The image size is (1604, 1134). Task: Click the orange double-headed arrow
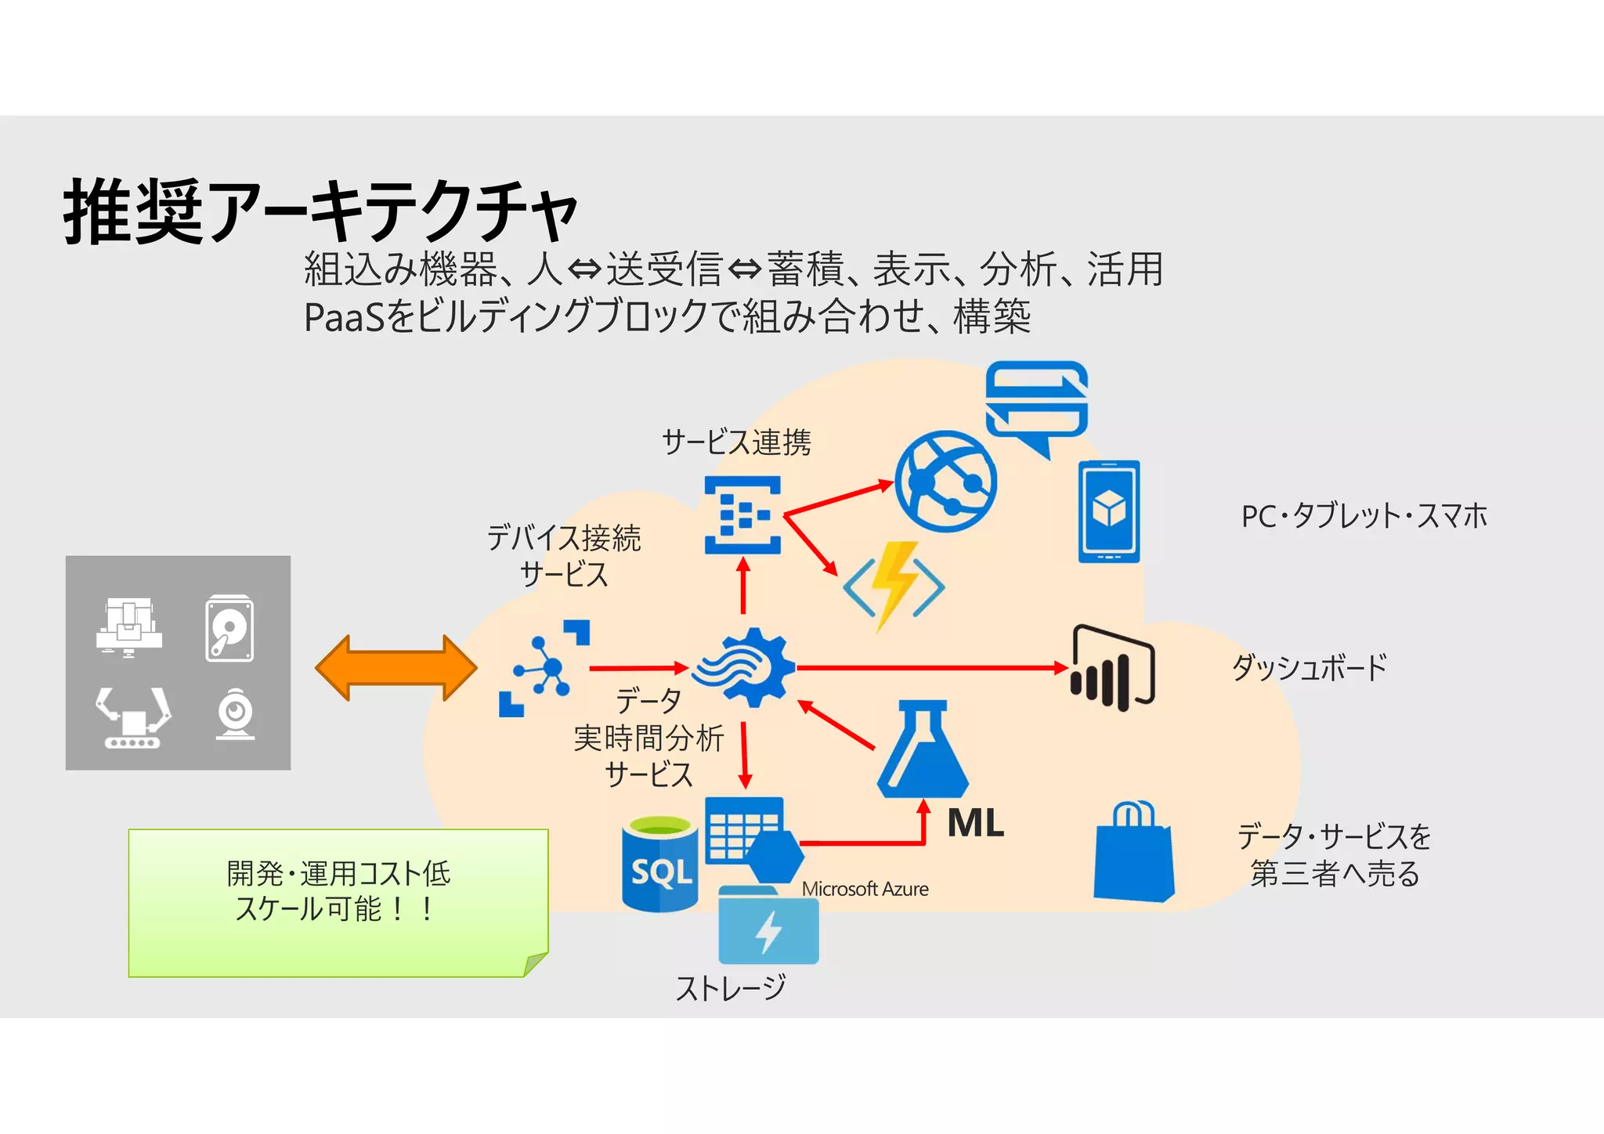396,668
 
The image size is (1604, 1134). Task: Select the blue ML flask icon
923,751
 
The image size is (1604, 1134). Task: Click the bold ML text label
975,823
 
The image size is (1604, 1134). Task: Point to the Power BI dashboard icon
1112,668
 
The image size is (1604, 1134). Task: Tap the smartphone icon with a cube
1108,511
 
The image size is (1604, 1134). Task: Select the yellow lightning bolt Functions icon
894,584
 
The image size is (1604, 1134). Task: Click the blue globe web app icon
945,481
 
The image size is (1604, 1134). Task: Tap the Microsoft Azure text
865,889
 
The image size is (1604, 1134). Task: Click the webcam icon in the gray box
235,713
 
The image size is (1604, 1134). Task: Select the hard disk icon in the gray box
229,628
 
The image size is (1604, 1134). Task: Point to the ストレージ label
730,988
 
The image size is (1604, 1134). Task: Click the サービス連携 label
736,442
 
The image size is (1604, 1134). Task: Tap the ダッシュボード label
1309,668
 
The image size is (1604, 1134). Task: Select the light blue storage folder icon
768,927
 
